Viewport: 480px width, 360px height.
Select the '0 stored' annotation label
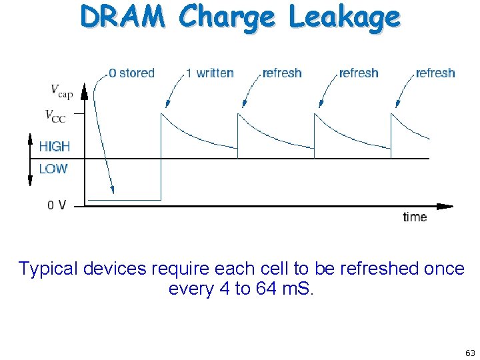tap(131, 73)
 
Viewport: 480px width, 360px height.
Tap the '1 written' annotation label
tap(209, 73)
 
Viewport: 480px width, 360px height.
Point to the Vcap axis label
tap(62, 90)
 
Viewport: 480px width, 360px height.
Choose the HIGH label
tap(54, 147)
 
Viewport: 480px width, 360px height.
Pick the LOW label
tap(53, 169)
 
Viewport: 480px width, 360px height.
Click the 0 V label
tap(57, 205)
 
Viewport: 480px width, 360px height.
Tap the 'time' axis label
tap(415, 217)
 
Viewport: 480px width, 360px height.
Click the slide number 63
tap(470, 353)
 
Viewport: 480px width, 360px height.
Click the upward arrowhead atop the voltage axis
tap(85, 91)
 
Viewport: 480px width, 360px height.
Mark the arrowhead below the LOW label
tap(29, 181)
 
